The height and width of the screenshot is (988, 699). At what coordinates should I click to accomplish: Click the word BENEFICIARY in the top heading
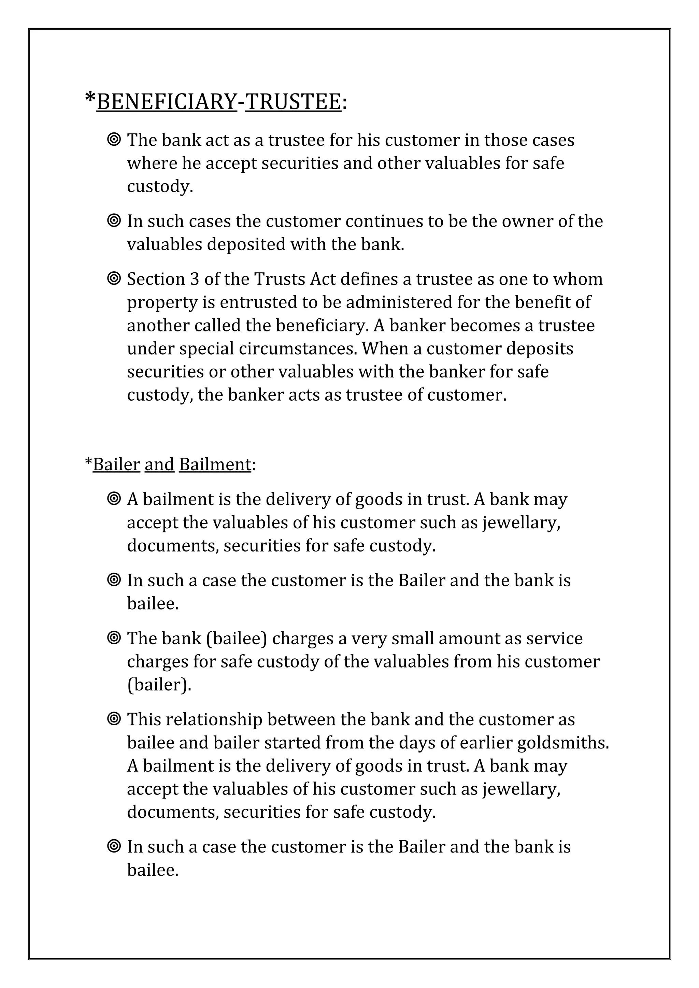(167, 102)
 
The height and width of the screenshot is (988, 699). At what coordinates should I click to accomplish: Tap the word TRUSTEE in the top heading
(293, 102)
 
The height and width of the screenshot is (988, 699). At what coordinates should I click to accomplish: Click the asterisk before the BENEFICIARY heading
(90, 99)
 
